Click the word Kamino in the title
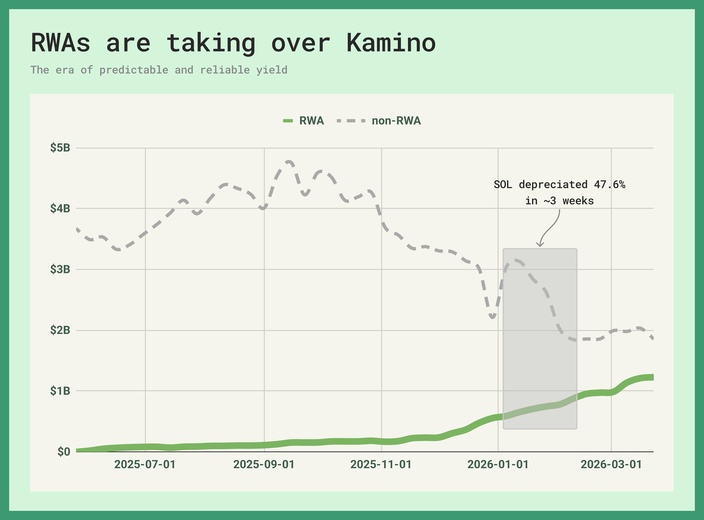coord(391,43)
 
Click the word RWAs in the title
coord(60,43)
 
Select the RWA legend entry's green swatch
coord(288,121)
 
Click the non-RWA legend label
coord(396,121)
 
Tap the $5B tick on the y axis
coord(60,148)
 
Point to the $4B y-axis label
coord(60,209)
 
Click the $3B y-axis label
coord(60,269)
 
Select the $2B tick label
coord(60,330)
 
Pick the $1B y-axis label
coord(60,391)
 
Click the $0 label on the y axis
coord(64,452)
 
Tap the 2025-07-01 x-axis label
coord(145,464)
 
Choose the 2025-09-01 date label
coord(264,464)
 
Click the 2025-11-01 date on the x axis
coord(381,464)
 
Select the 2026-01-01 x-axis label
coord(498,464)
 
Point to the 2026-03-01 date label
coord(611,464)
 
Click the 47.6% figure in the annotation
coord(609,185)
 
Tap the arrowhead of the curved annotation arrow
coord(540,246)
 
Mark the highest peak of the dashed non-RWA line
coord(289,162)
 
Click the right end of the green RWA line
coord(652,378)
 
